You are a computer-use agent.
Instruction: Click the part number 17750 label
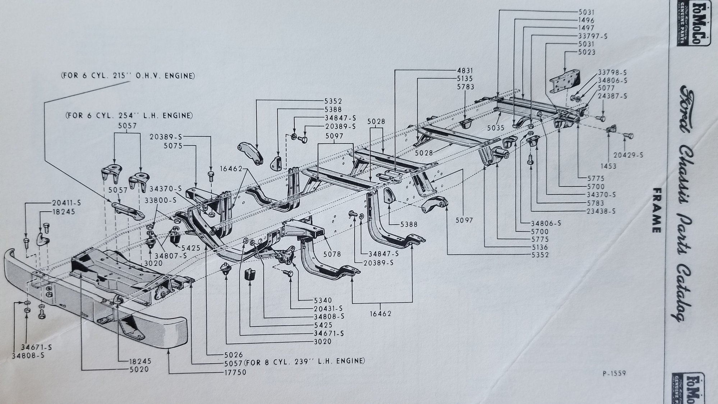[234, 373]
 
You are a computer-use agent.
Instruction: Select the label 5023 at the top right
[587, 52]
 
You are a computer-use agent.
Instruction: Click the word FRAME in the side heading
[656, 210]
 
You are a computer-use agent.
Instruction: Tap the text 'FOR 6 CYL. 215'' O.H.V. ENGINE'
[128, 76]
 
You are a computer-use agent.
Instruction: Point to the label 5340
[322, 300]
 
